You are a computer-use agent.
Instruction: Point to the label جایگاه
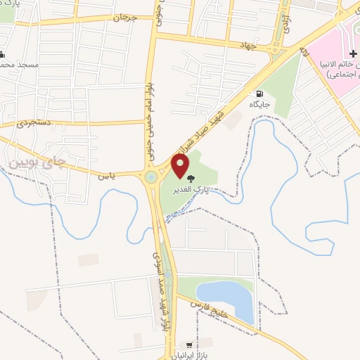click(x=260, y=105)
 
